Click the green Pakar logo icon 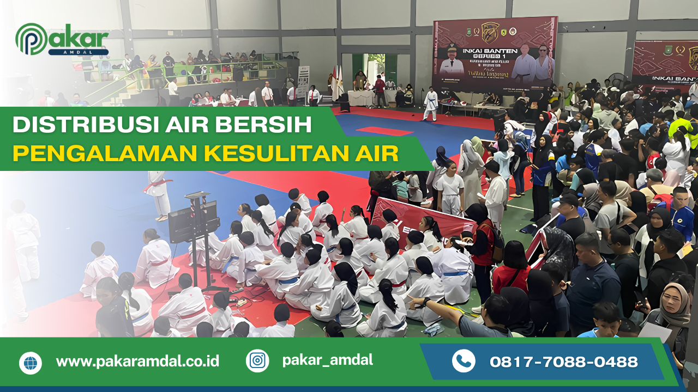pos(31,39)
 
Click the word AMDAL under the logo pos(78,52)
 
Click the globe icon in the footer pos(31,363)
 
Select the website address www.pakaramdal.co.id pos(137,362)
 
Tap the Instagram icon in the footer pos(257,360)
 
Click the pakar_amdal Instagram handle pos(327,360)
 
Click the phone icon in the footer pos(464,361)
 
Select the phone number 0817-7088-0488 pos(563,362)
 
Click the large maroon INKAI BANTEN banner pos(494,54)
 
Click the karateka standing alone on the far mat pos(431,103)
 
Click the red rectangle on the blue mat pos(384,131)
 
